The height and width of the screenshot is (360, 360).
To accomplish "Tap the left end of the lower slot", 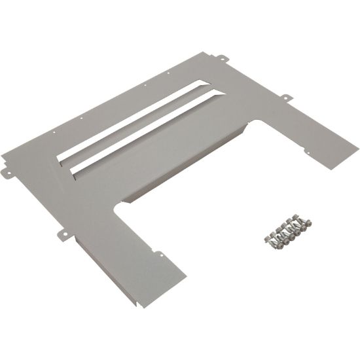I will click(x=73, y=172).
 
